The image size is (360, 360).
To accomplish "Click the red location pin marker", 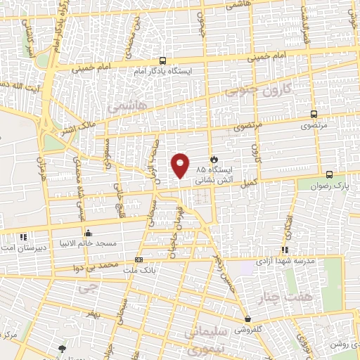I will [x=181, y=165].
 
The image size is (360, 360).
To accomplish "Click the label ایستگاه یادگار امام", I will [x=163, y=71].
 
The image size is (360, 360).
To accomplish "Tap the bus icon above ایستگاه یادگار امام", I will [x=163, y=60].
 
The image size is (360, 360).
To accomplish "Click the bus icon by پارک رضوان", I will [x=329, y=175].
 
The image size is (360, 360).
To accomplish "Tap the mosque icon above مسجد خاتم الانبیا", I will [x=88, y=233].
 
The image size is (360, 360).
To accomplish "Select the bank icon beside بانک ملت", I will [x=137, y=259].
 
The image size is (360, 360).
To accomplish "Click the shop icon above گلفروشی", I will [x=247, y=319].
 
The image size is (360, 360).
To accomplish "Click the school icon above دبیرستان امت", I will [x=22, y=238].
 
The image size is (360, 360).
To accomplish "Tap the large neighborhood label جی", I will [x=86, y=288].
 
